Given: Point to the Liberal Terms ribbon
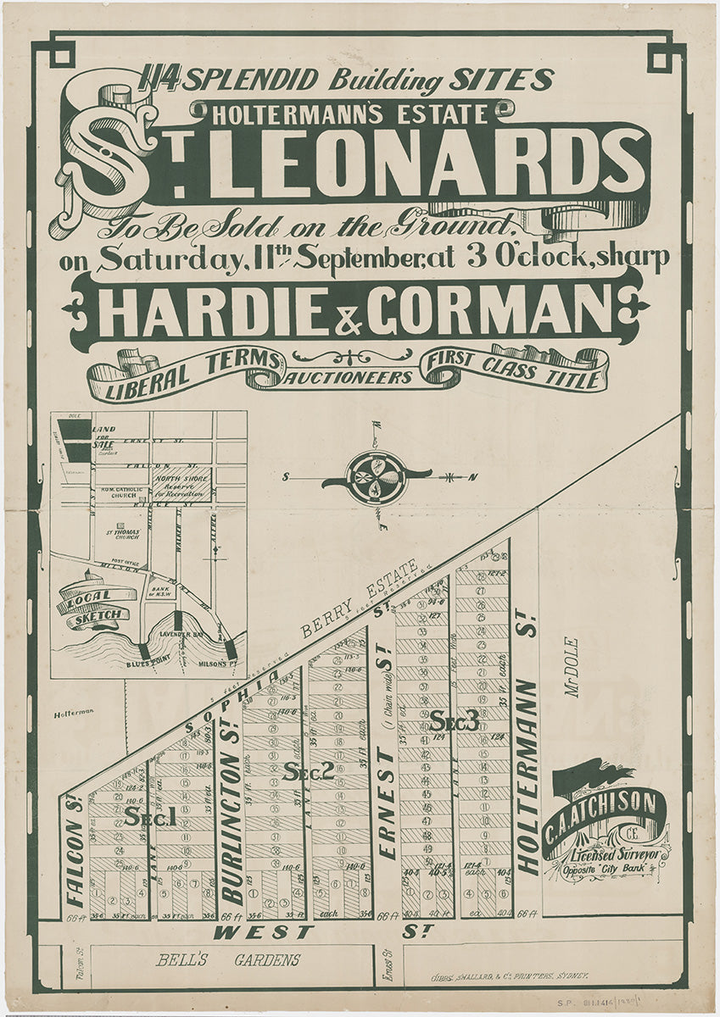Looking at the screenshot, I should point(188,374).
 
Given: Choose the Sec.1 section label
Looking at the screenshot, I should point(149,816).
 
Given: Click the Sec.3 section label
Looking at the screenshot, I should point(454,721).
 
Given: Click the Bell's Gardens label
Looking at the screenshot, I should point(227,960).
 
